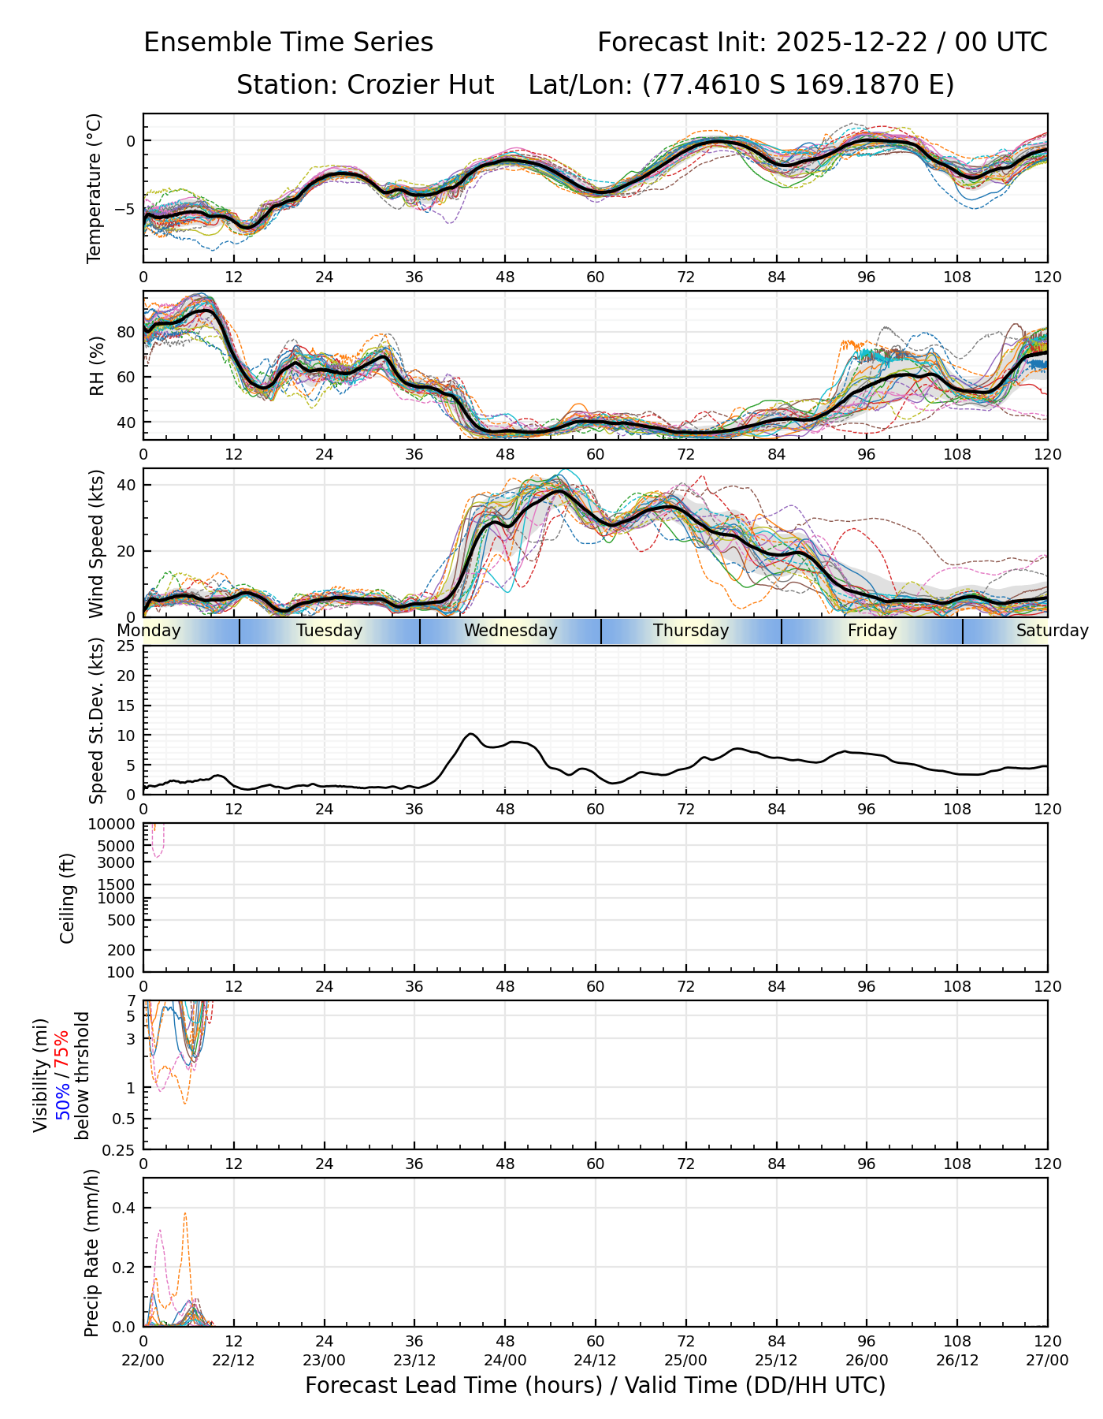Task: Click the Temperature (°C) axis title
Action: point(95,188)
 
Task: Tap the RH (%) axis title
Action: point(97,365)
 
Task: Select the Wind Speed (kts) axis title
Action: point(96,543)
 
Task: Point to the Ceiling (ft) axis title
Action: point(68,898)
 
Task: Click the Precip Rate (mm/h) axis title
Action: point(92,1253)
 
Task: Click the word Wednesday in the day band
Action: point(511,631)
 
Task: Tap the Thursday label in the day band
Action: point(691,631)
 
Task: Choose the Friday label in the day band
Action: point(872,631)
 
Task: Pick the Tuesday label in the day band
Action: point(329,631)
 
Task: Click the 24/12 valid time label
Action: point(595,1360)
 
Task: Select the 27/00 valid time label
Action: point(1047,1360)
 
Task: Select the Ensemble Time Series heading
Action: point(288,43)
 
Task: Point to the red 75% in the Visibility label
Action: point(62,1048)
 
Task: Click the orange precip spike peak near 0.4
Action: point(185,1213)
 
